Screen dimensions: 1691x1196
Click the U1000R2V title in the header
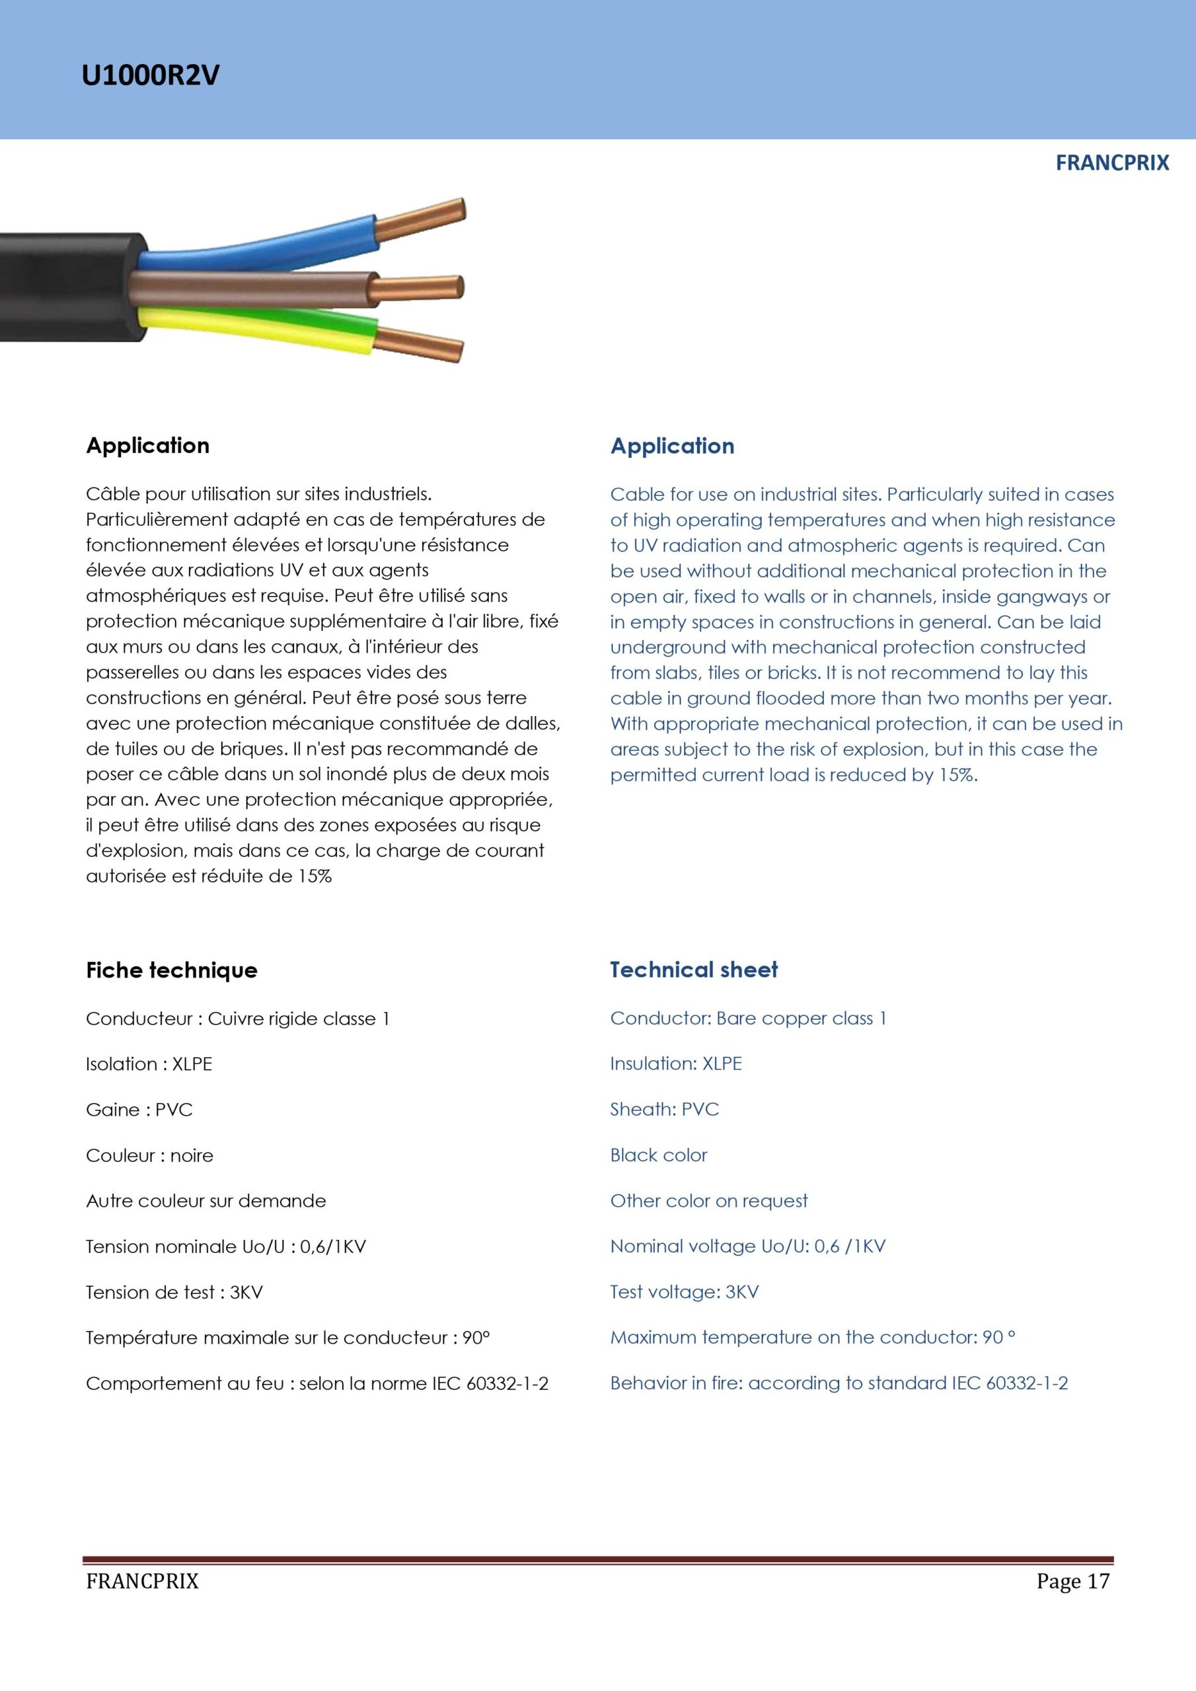(151, 76)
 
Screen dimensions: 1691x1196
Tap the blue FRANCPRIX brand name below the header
(1111, 162)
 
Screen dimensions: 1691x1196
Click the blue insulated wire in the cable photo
(258, 243)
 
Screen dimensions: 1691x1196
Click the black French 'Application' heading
(147, 446)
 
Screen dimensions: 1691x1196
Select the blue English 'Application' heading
(672, 447)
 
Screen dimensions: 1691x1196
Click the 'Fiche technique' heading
(172, 970)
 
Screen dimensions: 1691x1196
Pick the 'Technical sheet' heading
(693, 969)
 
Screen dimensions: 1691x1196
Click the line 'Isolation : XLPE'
(149, 1064)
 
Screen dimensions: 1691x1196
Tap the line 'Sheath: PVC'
(664, 1109)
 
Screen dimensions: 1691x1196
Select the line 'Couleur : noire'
(149, 1155)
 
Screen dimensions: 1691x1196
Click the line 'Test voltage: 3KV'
(684, 1292)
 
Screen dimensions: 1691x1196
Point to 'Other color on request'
(708, 1200)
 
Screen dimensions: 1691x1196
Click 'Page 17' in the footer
(1072, 1581)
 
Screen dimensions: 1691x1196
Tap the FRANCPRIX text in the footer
(142, 1581)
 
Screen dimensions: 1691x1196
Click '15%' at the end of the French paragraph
(315, 877)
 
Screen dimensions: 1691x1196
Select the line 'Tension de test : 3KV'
(174, 1293)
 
